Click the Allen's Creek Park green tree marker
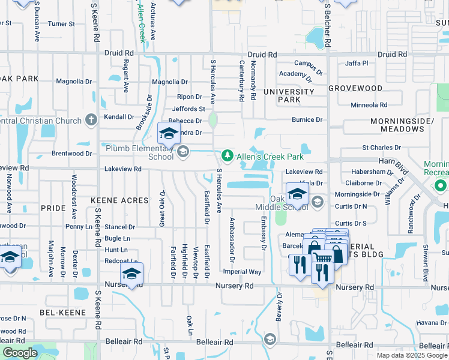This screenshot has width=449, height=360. (227, 157)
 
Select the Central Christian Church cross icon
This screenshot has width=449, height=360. (91, 120)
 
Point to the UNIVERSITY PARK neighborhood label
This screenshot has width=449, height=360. (289, 95)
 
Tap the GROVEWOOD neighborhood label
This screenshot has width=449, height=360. (355, 88)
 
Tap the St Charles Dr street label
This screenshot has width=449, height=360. (381, 148)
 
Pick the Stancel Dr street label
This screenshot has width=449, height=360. (119, 227)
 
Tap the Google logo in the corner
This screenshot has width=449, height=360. (20, 353)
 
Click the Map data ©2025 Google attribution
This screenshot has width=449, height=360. (411, 355)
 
